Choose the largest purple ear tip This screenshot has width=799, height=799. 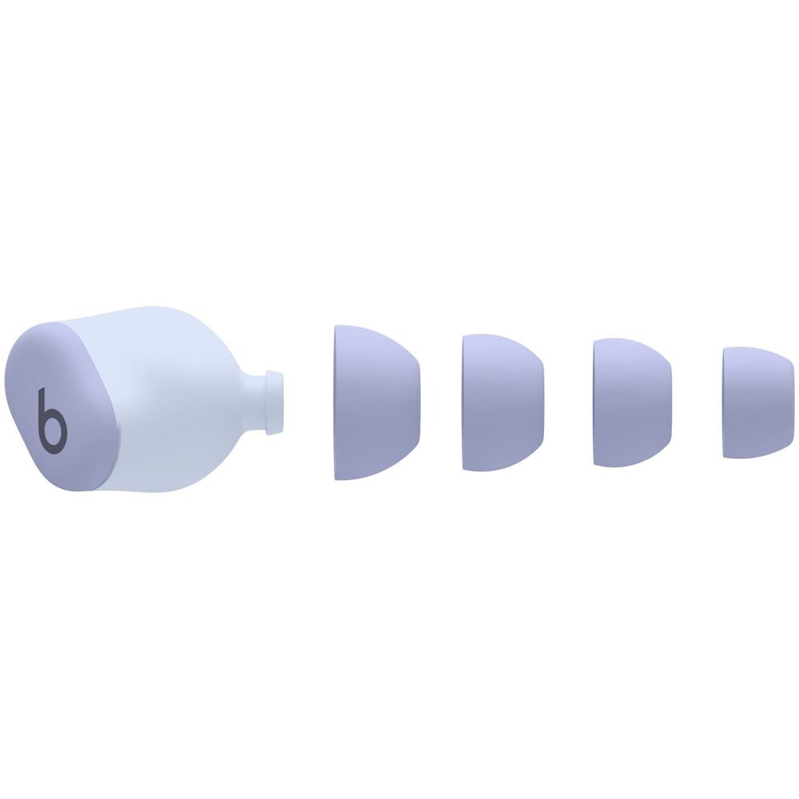coord(376,402)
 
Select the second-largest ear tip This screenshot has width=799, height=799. coord(502,402)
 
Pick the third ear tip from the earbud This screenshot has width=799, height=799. coord(631,402)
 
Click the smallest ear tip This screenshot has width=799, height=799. coord(752,402)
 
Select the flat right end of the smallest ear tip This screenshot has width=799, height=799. coord(781,402)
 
